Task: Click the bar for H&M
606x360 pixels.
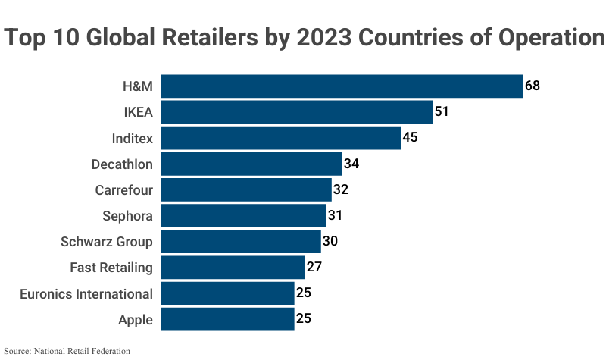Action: point(342,86)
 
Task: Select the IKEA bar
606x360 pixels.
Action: point(297,112)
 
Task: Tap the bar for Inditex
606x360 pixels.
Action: point(281,138)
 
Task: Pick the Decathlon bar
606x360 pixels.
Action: point(251,164)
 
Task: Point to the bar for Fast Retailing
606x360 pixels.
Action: point(233,268)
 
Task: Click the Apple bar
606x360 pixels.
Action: point(228,319)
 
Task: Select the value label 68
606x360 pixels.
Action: point(533,86)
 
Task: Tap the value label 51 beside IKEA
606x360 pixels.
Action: point(442,112)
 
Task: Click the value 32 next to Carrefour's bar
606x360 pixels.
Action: point(340,189)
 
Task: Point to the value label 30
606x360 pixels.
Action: point(330,241)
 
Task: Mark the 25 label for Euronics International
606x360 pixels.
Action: point(304,293)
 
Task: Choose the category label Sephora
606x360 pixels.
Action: point(127,216)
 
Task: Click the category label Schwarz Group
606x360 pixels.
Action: point(107,242)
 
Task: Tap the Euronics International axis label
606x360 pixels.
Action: point(86,293)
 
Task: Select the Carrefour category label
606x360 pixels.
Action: point(124,190)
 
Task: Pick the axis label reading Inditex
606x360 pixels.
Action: point(133,139)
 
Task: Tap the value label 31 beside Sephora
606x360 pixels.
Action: point(336,215)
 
